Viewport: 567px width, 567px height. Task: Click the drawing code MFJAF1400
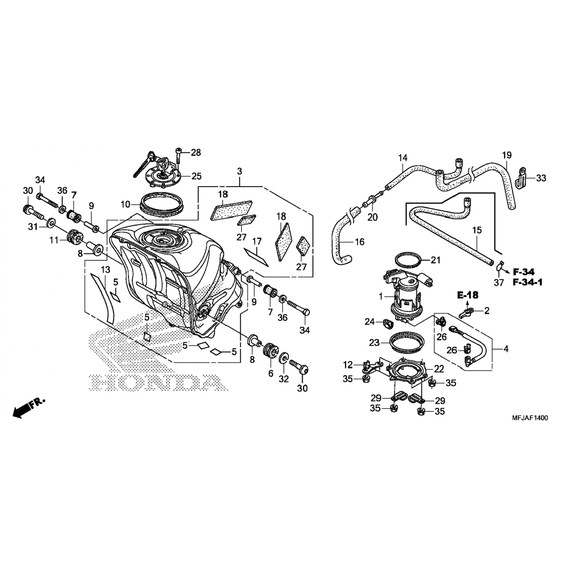pyautogui.click(x=530, y=418)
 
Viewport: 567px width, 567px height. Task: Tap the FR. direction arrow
pyautogui.click(x=28, y=407)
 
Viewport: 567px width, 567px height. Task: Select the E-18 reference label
pyautogui.click(x=468, y=295)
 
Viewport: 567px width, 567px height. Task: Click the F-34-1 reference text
pyautogui.click(x=528, y=282)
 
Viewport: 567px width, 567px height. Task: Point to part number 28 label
pyautogui.click(x=196, y=153)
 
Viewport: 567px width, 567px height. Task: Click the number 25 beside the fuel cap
pyautogui.click(x=196, y=176)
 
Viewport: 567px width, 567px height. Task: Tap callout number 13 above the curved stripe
pyautogui.click(x=105, y=270)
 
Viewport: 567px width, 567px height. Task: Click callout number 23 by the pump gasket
pyautogui.click(x=374, y=342)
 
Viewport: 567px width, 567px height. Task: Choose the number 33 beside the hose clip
pyautogui.click(x=541, y=178)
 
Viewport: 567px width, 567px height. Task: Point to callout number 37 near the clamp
pyautogui.click(x=499, y=282)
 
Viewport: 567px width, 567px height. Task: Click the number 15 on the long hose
pyautogui.click(x=477, y=230)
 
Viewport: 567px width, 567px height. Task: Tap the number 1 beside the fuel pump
pyautogui.click(x=381, y=296)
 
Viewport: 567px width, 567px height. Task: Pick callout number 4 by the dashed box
pyautogui.click(x=506, y=349)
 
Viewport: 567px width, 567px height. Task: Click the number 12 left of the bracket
pyautogui.click(x=348, y=365)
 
